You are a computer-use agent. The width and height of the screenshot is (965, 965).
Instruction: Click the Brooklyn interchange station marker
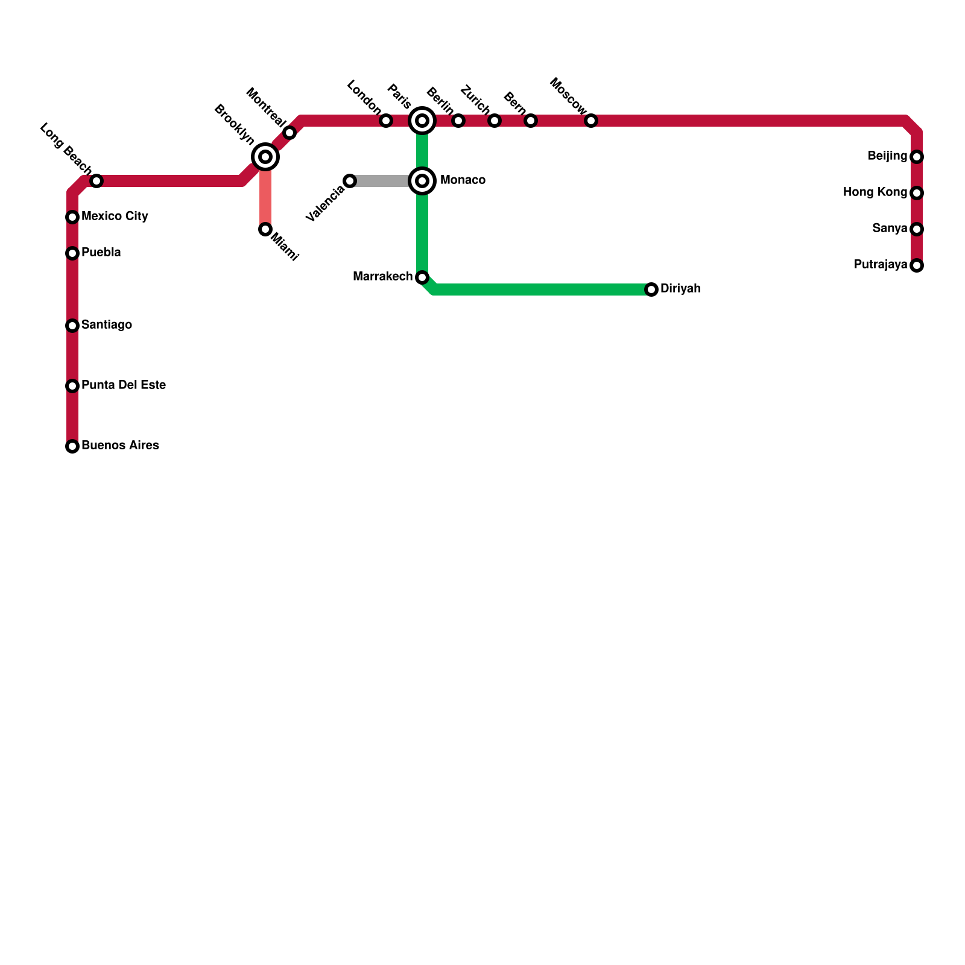(265, 157)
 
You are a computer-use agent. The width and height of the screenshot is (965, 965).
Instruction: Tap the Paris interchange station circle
(422, 121)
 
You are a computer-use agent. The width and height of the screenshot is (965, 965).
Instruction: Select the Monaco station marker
(422, 181)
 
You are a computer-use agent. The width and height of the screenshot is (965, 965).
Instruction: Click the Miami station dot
(265, 229)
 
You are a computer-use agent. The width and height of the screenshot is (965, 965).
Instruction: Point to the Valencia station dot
(350, 181)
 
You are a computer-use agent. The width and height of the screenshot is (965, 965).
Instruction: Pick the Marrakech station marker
(422, 277)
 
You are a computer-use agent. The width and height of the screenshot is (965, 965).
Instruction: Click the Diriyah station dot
(651, 289)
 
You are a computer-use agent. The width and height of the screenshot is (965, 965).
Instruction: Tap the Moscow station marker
(591, 121)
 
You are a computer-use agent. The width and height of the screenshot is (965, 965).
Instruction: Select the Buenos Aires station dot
(72, 446)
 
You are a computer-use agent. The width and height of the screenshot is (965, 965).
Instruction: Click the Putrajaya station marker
(917, 265)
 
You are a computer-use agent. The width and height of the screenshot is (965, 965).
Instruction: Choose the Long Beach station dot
(96, 181)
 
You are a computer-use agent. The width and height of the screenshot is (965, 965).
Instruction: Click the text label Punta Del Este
(124, 385)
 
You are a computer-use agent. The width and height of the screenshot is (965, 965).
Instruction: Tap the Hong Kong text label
(875, 192)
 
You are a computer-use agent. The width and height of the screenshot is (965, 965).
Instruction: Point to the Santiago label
(107, 325)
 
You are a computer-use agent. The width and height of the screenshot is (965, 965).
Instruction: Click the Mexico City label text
(115, 217)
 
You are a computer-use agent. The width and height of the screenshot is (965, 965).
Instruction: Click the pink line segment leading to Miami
(265, 199)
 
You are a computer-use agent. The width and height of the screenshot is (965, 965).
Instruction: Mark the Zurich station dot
(495, 121)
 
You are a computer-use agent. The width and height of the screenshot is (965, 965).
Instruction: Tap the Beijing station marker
(917, 157)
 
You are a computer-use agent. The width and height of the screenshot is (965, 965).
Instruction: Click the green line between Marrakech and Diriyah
(543, 289)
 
